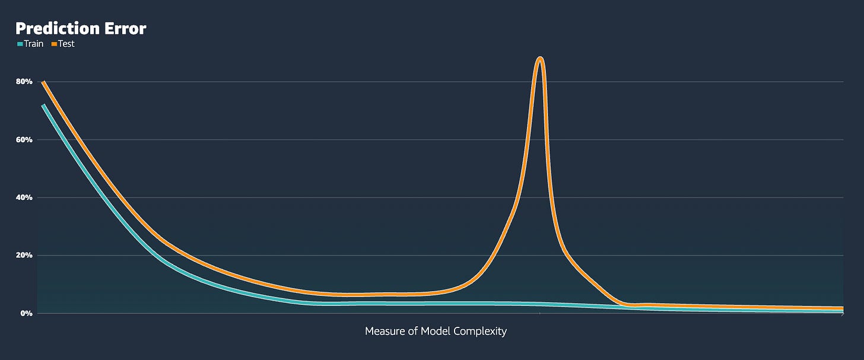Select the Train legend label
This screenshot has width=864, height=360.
pyautogui.click(x=34, y=44)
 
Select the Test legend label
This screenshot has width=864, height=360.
pyautogui.click(x=66, y=44)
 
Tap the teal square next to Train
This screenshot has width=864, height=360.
pyautogui.click(x=20, y=44)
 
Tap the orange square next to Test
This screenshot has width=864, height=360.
pyautogui.click(x=54, y=44)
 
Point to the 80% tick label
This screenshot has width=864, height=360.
pyautogui.click(x=24, y=82)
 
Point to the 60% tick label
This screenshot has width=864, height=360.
pyautogui.click(x=24, y=139)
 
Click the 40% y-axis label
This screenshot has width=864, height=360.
pyautogui.click(x=24, y=197)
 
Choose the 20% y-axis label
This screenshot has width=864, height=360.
pyautogui.click(x=24, y=255)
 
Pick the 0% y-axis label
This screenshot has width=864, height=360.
pyautogui.click(x=27, y=313)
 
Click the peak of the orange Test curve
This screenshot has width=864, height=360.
pyautogui.click(x=540, y=58)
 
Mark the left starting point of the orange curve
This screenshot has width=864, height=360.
pyautogui.click(x=43, y=82)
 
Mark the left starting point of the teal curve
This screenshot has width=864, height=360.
pyautogui.click(x=43, y=105)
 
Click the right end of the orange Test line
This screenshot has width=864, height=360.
pyautogui.click(x=843, y=308)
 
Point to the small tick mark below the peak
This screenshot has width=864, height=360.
pyautogui.click(x=539, y=314)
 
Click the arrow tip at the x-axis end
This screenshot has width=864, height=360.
pyautogui.click(x=844, y=314)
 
